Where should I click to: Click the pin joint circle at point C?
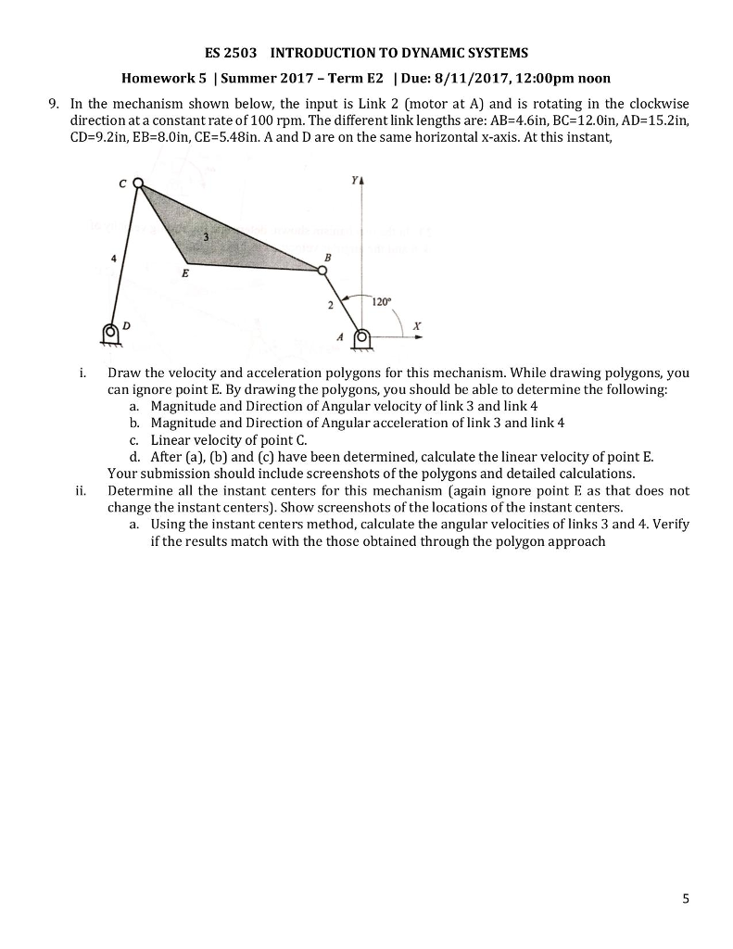coord(138,183)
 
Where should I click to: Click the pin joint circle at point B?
coord(322,271)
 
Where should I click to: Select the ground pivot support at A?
coord(362,338)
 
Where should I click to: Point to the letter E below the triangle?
coord(184,274)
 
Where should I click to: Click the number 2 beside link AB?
coord(329,304)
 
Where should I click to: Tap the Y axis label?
coord(353,183)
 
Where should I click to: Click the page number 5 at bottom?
coord(686,898)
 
